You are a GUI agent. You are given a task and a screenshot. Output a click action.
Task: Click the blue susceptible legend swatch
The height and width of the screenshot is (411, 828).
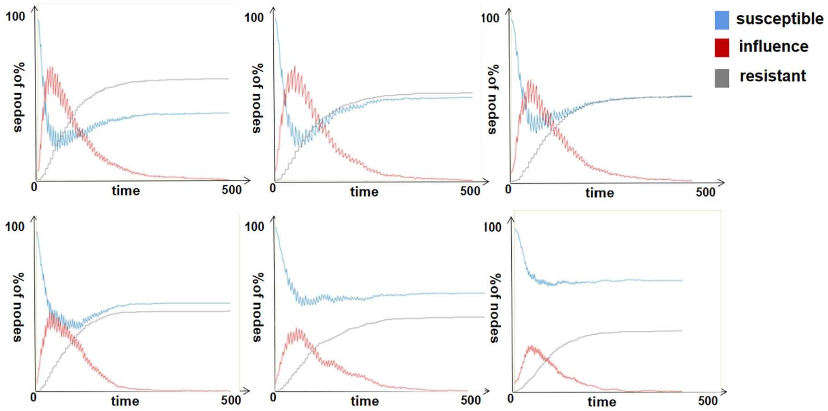tap(722, 20)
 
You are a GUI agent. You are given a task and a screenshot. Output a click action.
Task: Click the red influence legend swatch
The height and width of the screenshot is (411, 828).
tap(722, 48)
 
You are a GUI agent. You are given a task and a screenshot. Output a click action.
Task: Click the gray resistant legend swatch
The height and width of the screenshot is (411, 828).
tap(722, 78)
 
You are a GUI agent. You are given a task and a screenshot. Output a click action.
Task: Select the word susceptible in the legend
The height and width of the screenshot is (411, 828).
tap(779, 19)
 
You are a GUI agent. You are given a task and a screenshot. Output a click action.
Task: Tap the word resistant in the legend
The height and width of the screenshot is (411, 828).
tap(773, 76)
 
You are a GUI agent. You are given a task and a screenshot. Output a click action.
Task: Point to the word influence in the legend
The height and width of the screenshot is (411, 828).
tap(773, 46)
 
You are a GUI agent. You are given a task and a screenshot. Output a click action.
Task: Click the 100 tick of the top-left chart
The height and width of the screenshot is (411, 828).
tap(15, 17)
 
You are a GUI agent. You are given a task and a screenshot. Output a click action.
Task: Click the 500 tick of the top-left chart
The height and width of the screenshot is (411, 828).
tap(232, 189)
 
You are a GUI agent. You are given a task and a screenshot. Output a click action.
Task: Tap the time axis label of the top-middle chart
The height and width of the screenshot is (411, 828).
tap(364, 192)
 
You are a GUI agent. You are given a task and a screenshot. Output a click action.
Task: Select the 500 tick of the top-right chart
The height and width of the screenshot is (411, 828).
tap(705, 192)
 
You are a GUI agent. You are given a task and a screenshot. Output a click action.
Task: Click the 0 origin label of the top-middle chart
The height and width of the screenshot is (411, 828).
tap(273, 188)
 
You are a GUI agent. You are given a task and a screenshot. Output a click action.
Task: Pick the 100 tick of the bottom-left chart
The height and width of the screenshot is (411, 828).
tap(15, 227)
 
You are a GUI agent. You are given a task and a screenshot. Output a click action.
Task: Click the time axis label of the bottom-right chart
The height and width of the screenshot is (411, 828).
tap(602, 402)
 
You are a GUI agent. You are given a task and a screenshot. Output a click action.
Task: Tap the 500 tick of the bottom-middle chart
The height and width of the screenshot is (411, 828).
tap(471, 400)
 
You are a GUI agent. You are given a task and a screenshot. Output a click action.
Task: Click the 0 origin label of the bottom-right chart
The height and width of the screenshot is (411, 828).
tap(511, 398)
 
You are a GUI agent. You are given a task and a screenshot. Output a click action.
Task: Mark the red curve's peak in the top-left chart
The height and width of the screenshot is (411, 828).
tap(50, 68)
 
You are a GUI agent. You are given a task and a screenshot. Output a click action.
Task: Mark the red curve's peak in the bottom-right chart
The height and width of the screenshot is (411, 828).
tap(530, 346)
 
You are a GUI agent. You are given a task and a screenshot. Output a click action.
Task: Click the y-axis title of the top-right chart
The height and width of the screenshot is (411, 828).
tap(492, 99)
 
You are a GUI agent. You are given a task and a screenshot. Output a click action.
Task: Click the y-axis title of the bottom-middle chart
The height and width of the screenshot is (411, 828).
tap(258, 307)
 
